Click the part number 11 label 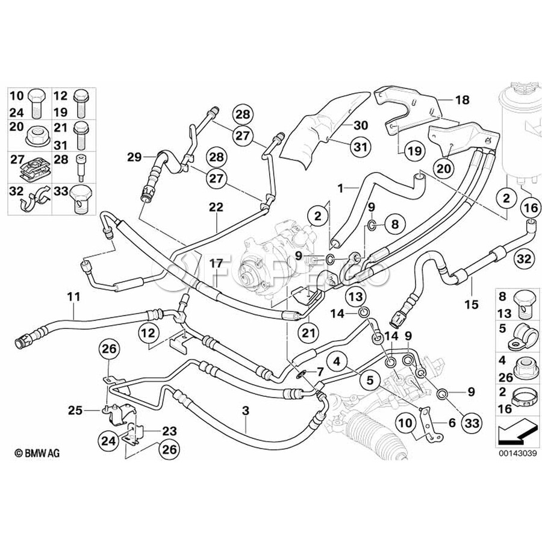[73, 296]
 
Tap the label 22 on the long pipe [216, 207]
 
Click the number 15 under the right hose [472, 304]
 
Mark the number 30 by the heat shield [360, 125]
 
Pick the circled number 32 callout [523, 260]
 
